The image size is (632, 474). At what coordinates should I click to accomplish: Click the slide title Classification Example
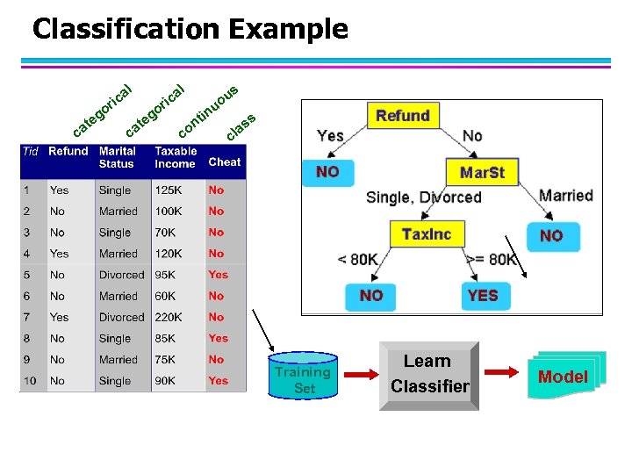[x=190, y=29]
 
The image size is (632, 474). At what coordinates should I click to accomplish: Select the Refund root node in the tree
[x=402, y=116]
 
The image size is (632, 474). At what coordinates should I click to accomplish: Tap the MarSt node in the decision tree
[x=482, y=172]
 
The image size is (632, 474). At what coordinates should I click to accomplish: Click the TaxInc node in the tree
[x=426, y=234]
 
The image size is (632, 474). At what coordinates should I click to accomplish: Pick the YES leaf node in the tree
[x=482, y=296]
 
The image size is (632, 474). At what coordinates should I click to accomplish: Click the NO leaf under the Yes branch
[x=327, y=172]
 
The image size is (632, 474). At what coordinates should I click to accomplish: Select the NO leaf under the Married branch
[x=551, y=235]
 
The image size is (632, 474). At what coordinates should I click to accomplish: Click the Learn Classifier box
[x=429, y=375]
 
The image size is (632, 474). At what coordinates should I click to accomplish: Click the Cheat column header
[x=224, y=162]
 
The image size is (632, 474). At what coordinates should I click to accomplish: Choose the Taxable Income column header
[x=176, y=157]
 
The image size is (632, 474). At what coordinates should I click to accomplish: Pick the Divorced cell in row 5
[x=121, y=275]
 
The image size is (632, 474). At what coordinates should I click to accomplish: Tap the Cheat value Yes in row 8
[x=218, y=338]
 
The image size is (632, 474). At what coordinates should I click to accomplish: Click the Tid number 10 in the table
[x=30, y=381]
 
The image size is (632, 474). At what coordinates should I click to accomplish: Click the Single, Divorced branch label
[x=423, y=197]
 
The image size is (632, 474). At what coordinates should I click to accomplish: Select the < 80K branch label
[x=357, y=260]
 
